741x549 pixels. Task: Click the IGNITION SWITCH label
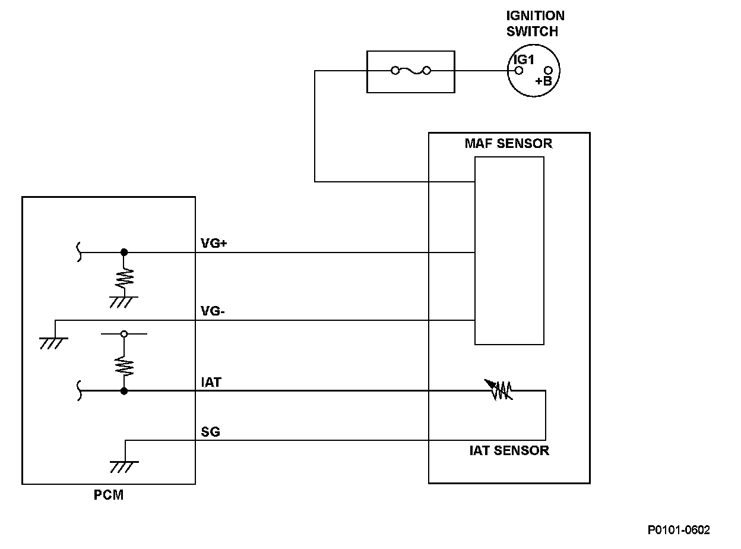535,23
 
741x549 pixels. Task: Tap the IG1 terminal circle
518,71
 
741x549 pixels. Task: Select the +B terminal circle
548,71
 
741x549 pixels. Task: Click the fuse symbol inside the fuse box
411,71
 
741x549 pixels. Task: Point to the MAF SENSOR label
508,143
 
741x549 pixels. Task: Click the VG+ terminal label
214,243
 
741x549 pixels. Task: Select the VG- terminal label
213,311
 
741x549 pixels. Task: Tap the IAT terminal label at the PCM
211,382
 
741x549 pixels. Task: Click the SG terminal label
210,431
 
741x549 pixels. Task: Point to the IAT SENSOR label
509,451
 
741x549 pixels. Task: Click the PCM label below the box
109,495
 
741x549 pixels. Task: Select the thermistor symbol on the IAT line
499,390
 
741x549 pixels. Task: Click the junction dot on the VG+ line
124,252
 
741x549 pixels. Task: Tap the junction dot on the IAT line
124,391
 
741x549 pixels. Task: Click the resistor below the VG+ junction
124,278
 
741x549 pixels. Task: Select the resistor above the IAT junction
124,366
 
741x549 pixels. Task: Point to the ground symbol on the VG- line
53,343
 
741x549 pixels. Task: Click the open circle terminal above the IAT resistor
124,334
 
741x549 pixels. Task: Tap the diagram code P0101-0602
679,530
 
